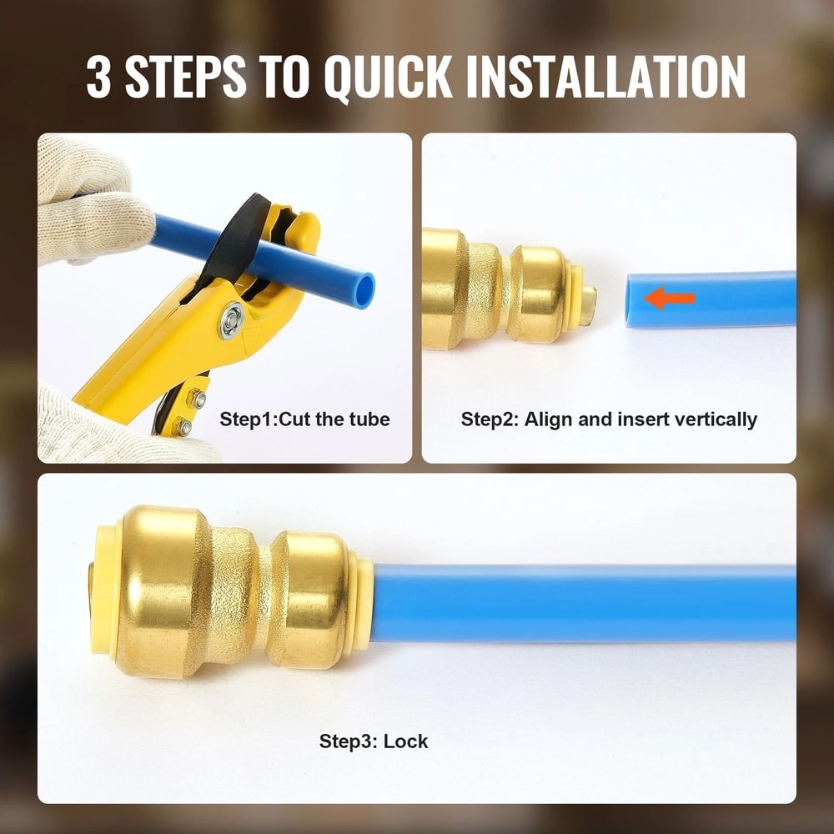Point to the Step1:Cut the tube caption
click(304, 419)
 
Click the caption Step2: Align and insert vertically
click(609, 419)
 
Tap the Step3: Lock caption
click(373, 741)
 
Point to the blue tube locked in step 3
click(584, 602)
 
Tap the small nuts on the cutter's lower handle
click(192, 409)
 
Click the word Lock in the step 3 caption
click(405, 741)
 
